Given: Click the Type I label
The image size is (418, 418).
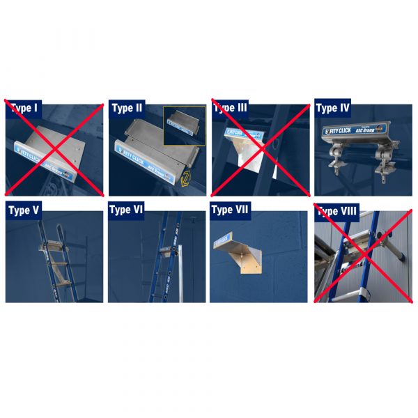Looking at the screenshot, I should pos(24,109).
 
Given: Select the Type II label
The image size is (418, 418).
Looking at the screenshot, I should pos(127,109).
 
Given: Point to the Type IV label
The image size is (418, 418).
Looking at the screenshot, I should pos(332,109).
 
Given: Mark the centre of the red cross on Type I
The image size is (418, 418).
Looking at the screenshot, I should pos(54,148).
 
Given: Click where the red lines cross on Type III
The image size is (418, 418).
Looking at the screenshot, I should pos(261,148).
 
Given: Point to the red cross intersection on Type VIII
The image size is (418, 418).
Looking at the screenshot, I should pos(363,252).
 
